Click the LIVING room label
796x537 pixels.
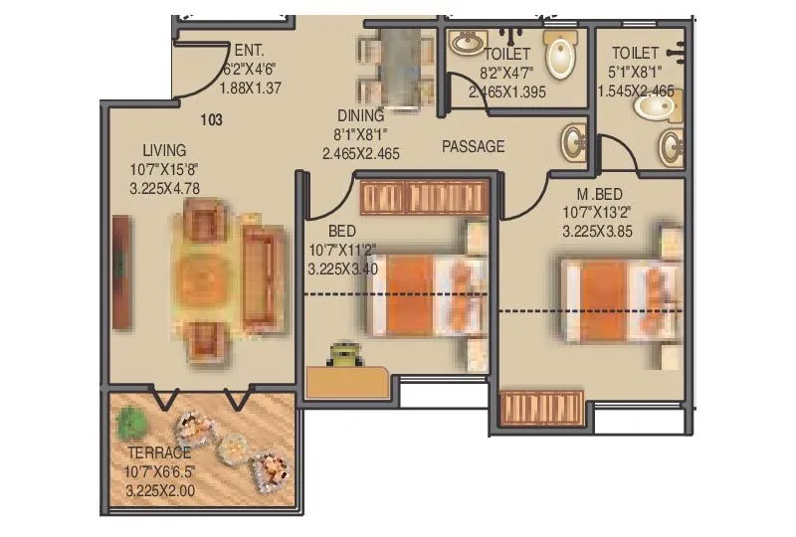click(x=163, y=150)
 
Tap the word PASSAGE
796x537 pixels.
click(x=473, y=146)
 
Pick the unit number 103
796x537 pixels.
click(x=210, y=120)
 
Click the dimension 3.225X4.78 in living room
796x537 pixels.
click(x=164, y=187)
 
